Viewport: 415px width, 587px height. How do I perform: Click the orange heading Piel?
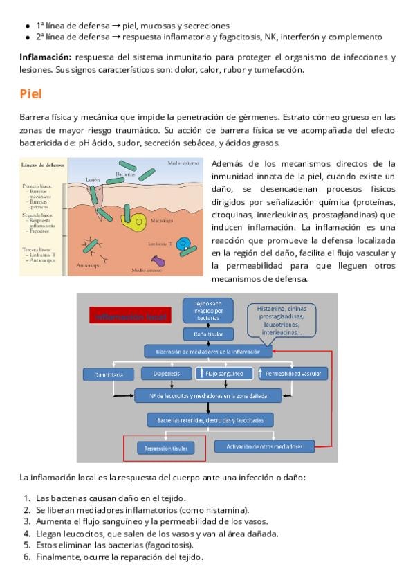click(32, 94)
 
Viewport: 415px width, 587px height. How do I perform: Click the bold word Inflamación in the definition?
click(46, 57)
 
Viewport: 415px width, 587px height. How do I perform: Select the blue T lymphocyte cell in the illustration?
click(183, 244)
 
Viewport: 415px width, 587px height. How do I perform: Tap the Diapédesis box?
click(162, 374)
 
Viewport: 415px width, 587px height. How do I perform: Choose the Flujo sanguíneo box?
click(221, 374)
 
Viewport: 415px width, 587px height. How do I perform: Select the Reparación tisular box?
click(165, 447)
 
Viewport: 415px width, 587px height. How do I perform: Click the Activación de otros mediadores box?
click(264, 446)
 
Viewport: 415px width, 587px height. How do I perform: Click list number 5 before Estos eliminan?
click(27, 545)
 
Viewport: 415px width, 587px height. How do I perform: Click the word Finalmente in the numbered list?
click(59, 557)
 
